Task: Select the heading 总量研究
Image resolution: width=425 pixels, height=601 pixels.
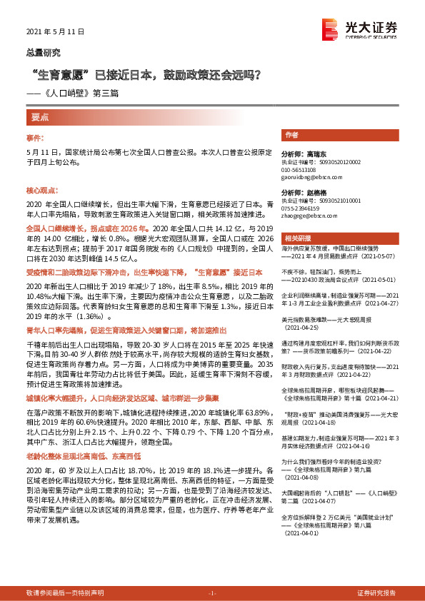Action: click(x=43, y=52)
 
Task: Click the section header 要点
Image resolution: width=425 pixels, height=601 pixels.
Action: click(x=40, y=116)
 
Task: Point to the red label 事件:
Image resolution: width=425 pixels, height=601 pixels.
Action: click(x=35, y=136)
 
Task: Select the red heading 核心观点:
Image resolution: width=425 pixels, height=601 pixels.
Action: click(x=43, y=191)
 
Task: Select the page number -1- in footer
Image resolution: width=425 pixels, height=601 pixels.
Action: click(x=211, y=593)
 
